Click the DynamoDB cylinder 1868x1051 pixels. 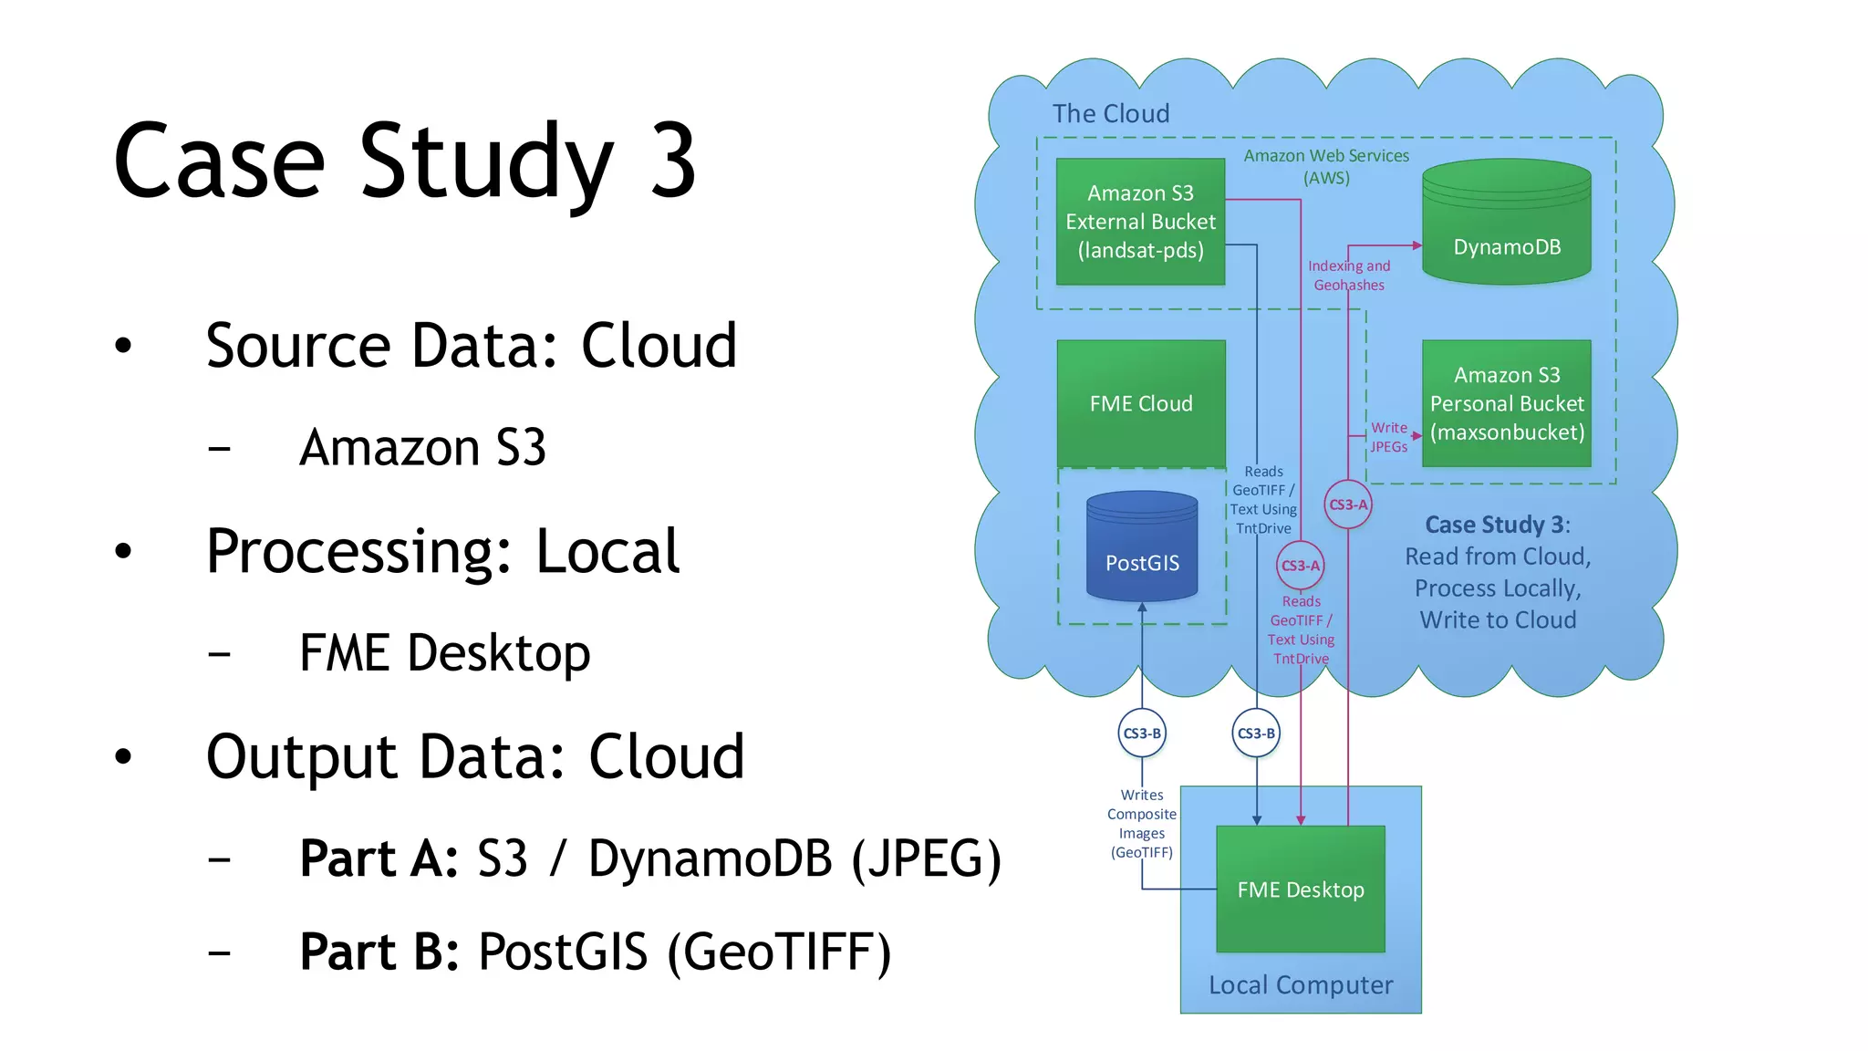(1506, 224)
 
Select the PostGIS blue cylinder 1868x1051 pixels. (1142, 547)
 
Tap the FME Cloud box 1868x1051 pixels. (1141, 403)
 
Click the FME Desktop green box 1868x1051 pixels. (1301, 889)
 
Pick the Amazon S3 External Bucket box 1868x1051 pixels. (1140, 222)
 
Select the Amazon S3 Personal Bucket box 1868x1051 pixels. (1506, 403)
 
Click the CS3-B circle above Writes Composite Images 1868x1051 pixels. (1142, 733)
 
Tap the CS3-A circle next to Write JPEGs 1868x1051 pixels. (1348, 505)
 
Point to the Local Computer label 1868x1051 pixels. (1301, 985)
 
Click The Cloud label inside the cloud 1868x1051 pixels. (1110, 113)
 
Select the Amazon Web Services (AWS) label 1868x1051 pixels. (1326, 166)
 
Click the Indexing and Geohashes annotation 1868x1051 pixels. (1349, 276)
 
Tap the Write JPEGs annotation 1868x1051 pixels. (1389, 437)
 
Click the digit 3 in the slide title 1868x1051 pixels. (673, 161)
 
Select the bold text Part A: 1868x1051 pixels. (379, 858)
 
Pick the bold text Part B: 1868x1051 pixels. (379, 952)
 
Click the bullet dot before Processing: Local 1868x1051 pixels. (123, 551)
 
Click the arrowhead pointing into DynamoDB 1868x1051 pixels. (1417, 245)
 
